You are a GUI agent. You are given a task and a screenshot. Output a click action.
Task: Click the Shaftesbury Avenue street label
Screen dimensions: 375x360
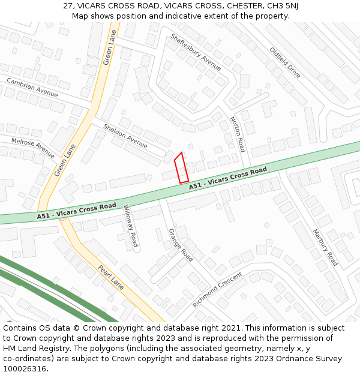[196, 52]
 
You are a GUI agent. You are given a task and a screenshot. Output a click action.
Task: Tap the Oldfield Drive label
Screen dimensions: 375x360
[285, 62]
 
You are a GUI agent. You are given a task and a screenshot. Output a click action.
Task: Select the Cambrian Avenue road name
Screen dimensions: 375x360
[32, 88]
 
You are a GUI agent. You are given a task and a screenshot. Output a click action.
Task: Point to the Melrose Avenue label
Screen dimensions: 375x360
[33, 144]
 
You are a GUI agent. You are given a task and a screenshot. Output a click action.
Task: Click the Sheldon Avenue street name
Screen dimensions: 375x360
[125, 136]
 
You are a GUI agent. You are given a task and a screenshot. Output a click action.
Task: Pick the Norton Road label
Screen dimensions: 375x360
[238, 134]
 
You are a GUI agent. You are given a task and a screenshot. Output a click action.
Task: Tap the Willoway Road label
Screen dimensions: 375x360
[131, 226]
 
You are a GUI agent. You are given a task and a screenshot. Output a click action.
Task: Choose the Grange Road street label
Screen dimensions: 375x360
[181, 245]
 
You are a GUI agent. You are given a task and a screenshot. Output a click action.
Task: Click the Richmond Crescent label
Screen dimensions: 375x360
[217, 290]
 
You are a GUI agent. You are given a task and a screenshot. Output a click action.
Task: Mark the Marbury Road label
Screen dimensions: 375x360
[325, 247]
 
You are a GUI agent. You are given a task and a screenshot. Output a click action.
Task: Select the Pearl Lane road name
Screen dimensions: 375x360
[110, 278]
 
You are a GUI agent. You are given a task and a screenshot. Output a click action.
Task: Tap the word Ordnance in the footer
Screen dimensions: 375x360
[296, 358]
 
